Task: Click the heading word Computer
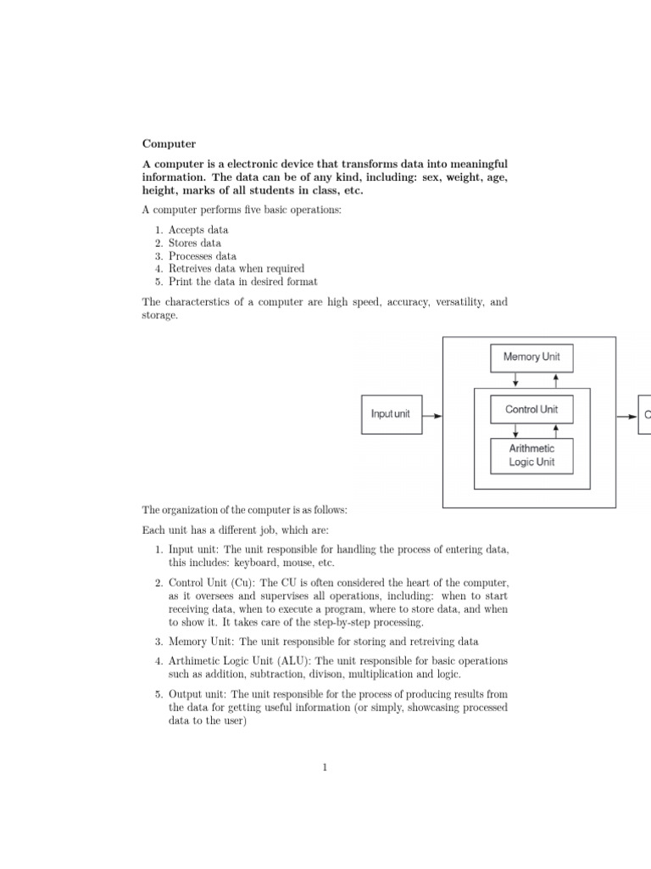coord(168,144)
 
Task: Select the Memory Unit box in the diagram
coord(531,357)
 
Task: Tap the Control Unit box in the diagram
coord(531,410)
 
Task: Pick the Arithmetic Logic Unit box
coord(531,456)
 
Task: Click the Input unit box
coord(390,414)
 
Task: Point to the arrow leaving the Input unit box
coord(431,415)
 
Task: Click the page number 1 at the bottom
coord(325,768)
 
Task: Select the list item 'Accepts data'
coord(198,230)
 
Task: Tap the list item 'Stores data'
coord(194,243)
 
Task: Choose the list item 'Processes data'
coord(202,255)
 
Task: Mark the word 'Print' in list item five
coord(180,282)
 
